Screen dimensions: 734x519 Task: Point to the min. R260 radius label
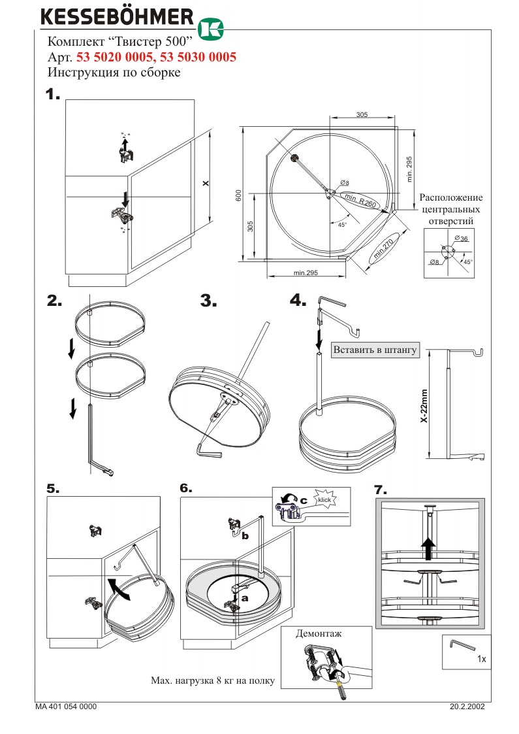(x=361, y=201)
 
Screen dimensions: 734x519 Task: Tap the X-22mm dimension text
(x=424, y=406)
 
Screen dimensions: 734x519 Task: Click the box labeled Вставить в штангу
(x=375, y=350)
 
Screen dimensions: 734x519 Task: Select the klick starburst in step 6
(x=324, y=501)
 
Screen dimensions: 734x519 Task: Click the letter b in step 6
(x=244, y=536)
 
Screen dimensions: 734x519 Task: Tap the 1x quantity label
(x=482, y=659)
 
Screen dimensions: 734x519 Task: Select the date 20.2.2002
(x=467, y=707)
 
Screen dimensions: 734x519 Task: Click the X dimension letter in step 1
(x=205, y=184)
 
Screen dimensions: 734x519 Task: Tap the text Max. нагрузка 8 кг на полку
(x=212, y=681)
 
